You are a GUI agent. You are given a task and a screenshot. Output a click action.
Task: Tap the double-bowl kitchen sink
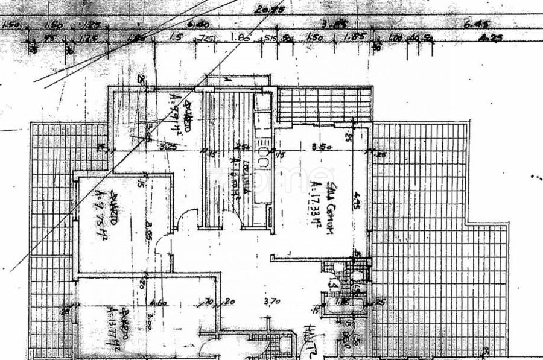click(264, 156)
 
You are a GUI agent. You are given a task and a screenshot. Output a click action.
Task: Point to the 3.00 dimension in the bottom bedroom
click(148, 324)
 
